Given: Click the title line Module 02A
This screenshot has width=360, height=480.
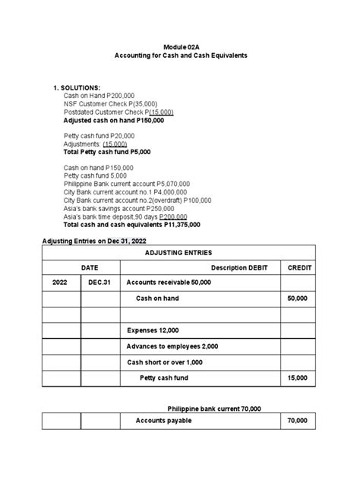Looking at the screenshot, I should pyautogui.click(x=180, y=47).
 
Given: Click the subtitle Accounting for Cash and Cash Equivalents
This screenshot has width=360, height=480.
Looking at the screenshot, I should pyautogui.click(x=180, y=58).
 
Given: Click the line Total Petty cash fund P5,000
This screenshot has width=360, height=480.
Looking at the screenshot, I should pyautogui.click(x=107, y=152).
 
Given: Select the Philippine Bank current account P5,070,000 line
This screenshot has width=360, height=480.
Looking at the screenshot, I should pyautogui.click(x=126, y=184).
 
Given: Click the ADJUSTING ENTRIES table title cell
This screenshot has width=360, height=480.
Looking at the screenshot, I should pyautogui.click(x=179, y=253).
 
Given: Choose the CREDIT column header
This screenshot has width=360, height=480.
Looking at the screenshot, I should pyautogui.click(x=297, y=268).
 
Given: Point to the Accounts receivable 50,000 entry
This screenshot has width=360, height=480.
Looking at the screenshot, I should pyautogui.click(x=169, y=283).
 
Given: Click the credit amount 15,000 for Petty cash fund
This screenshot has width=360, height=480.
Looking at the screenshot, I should pyautogui.click(x=297, y=377).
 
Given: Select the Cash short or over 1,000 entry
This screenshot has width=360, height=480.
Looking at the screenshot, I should pyautogui.click(x=165, y=362).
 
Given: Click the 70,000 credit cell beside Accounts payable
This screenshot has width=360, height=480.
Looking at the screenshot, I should pyautogui.click(x=297, y=421).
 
